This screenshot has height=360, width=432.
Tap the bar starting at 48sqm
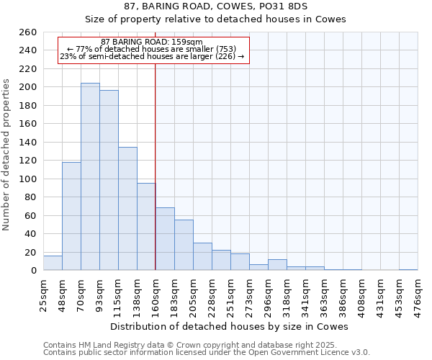click(x=71, y=216)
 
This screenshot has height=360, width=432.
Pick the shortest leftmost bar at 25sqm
click(x=53, y=264)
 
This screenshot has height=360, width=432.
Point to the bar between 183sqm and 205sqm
click(x=184, y=245)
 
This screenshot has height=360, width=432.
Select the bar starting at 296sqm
click(x=277, y=265)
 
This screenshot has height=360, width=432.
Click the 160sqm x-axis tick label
click(x=156, y=292)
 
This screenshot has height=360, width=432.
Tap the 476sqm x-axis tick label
click(x=418, y=292)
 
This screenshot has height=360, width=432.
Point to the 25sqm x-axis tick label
click(x=43, y=292)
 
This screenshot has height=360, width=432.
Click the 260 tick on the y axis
click(x=27, y=32)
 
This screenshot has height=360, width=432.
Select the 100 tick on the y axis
click(x=27, y=179)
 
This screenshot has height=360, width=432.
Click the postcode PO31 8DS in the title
click(x=281, y=6)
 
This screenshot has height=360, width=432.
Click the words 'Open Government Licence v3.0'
click(x=310, y=352)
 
